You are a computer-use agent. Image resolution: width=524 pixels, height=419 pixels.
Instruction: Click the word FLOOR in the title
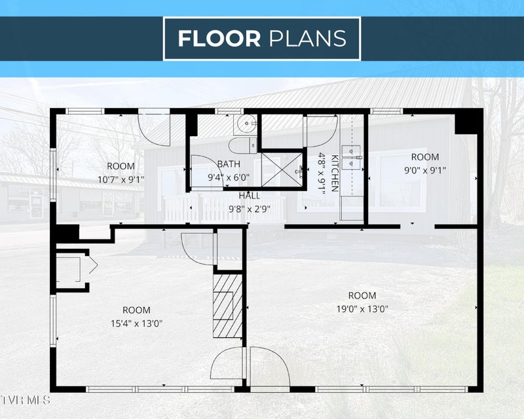(x=219, y=39)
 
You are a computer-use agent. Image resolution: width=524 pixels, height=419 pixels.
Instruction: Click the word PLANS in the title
(x=307, y=39)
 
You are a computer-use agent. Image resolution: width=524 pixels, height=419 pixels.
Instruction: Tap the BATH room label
(x=229, y=164)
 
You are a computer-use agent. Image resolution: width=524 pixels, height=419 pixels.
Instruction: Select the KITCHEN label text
(x=335, y=173)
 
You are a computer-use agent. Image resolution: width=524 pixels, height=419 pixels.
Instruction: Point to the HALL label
(x=250, y=196)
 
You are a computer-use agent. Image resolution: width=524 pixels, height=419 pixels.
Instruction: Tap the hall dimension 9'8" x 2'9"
(x=250, y=209)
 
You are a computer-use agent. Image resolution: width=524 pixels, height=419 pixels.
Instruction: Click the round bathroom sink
(x=247, y=124)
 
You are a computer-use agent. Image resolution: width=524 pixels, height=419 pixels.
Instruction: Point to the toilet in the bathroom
(x=242, y=145)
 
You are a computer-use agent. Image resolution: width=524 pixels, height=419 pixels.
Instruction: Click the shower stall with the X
(x=282, y=170)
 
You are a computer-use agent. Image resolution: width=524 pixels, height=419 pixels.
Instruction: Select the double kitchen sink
(x=351, y=157)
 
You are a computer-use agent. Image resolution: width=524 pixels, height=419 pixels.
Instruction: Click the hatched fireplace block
(x=227, y=306)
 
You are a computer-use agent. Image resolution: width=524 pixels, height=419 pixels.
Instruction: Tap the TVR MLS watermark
(x=26, y=400)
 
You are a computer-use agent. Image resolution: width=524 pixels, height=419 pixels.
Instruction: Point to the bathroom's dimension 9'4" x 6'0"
(x=229, y=177)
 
